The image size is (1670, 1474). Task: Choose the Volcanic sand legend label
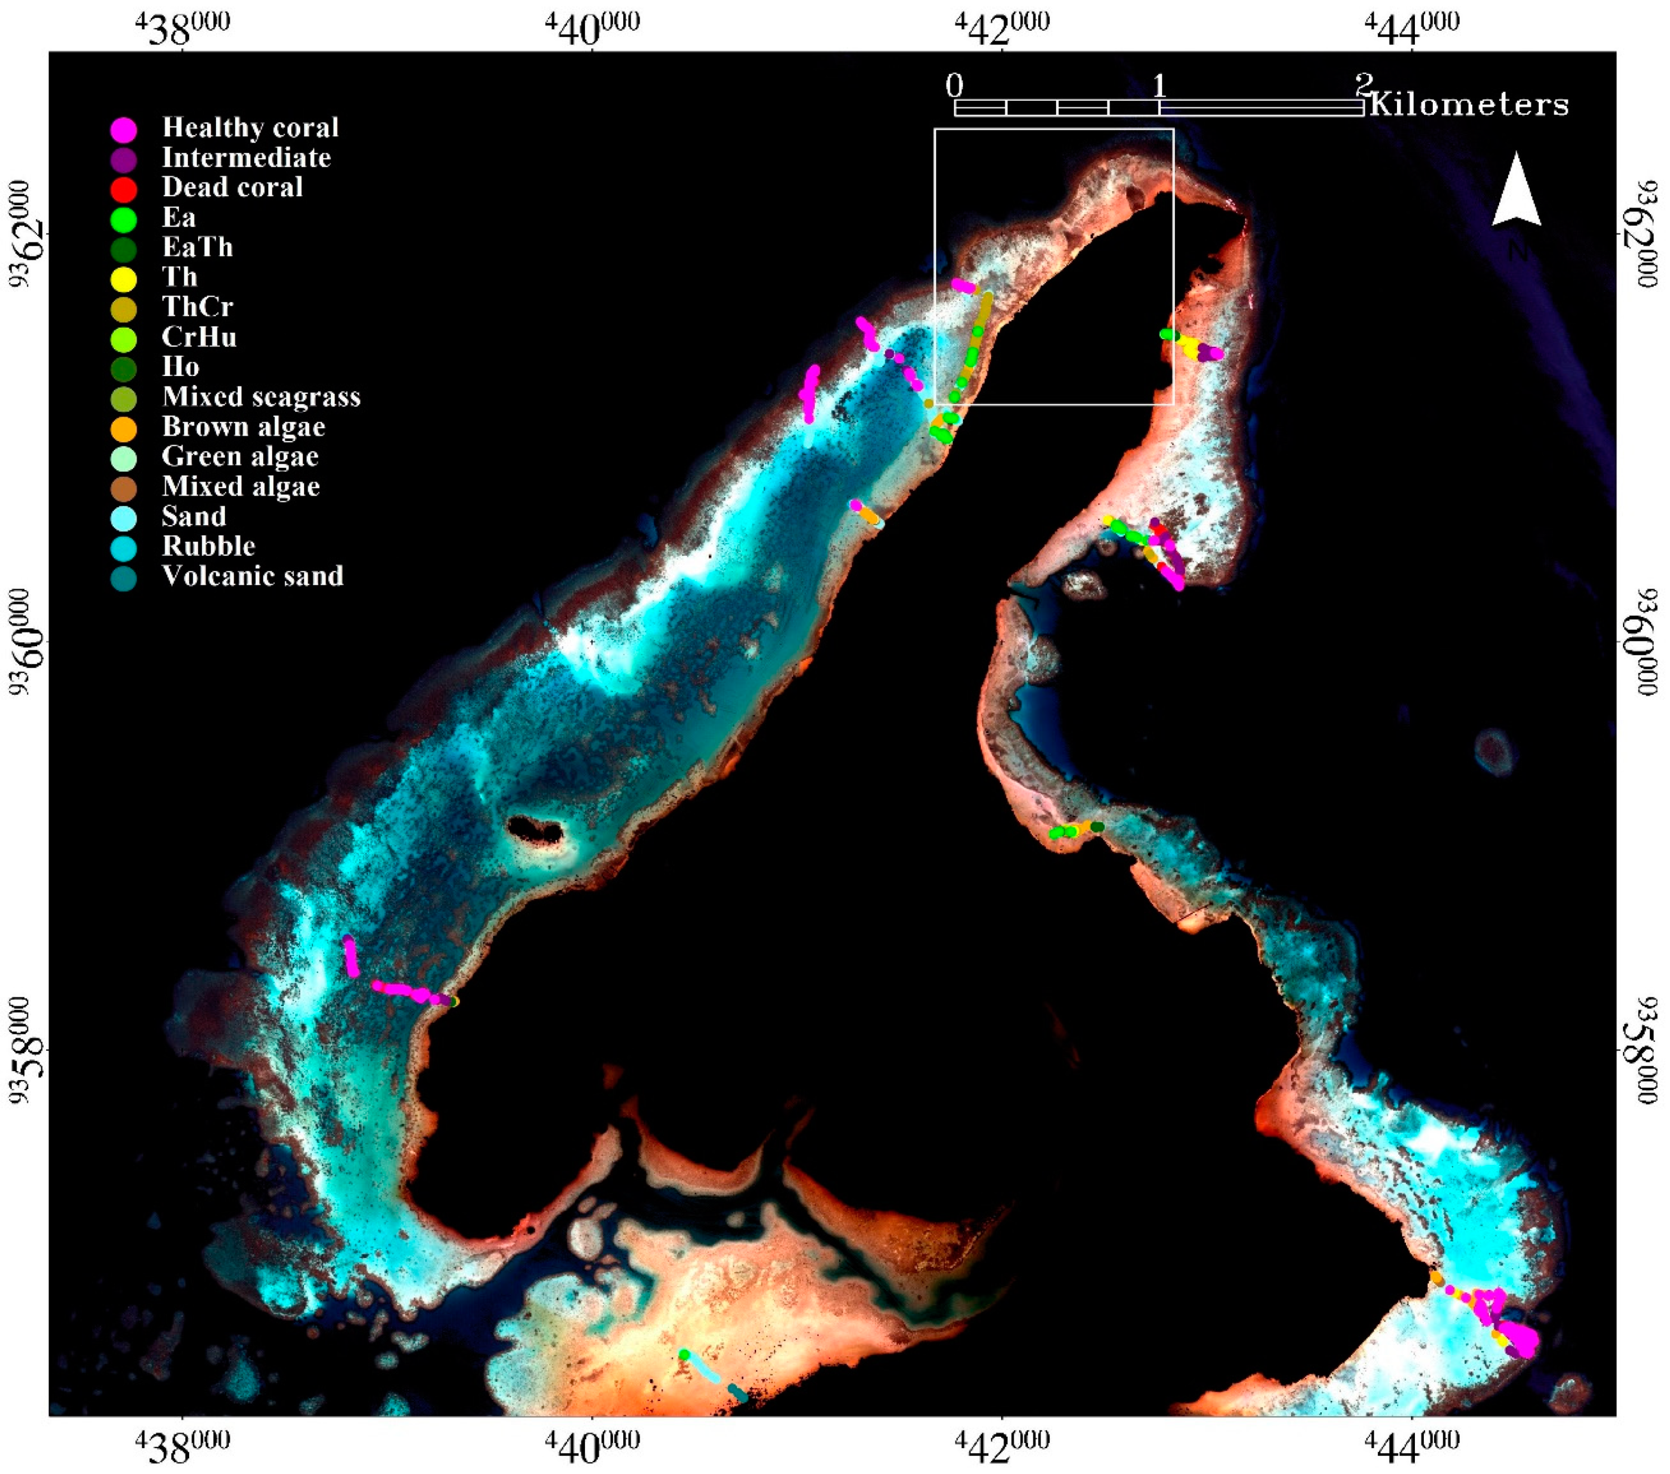pyautogui.click(x=253, y=576)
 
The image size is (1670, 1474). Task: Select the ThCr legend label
pyautogui.click(x=198, y=307)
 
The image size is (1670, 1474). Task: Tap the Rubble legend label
pyautogui.click(x=209, y=546)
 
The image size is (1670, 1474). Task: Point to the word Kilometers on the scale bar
pyautogui.click(x=1469, y=105)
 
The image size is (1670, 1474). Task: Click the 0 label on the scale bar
pyautogui.click(x=954, y=85)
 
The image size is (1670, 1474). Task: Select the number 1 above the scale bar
pyautogui.click(x=1159, y=85)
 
